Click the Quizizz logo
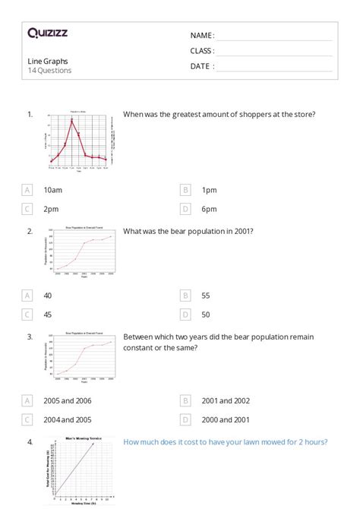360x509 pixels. [x=47, y=33]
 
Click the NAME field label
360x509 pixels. [x=202, y=35]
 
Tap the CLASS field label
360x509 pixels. [x=202, y=51]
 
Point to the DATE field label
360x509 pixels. [x=202, y=66]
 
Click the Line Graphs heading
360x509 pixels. [x=47, y=60]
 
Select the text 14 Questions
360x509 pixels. [x=49, y=71]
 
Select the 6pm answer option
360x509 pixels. [x=209, y=209]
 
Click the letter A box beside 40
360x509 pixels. [x=28, y=295]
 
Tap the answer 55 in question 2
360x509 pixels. [x=206, y=295]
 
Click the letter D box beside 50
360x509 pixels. [x=185, y=314]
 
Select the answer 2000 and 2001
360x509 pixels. [x=226, y=419]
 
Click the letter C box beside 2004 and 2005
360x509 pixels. [x=28, y=419]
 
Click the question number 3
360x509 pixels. [x=30, y=337]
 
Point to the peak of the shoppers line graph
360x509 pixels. [x=72, y=120]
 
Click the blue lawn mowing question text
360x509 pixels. [x=225, y=442]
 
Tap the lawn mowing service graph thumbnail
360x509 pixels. [x=81, y=469]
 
